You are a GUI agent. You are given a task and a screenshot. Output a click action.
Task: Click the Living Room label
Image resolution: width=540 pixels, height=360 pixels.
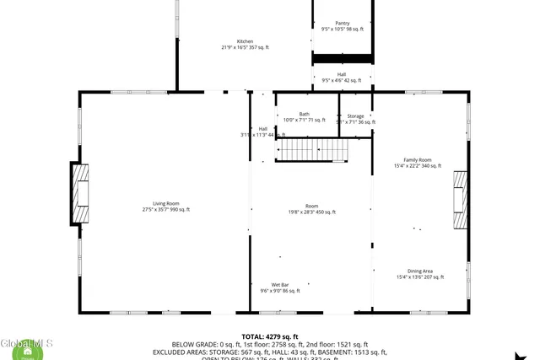(165, 203)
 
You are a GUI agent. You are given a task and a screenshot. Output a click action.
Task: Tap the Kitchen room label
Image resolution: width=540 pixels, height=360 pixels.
(245, 41)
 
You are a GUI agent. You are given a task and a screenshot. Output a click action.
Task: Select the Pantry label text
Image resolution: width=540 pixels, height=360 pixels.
(342, 24)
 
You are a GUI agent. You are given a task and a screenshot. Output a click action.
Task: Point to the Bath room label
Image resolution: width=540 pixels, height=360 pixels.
(304, 115)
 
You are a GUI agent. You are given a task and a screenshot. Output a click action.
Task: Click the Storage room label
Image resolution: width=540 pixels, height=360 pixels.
(355, 116)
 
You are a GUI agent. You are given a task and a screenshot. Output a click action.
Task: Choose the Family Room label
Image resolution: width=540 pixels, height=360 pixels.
(417, 160)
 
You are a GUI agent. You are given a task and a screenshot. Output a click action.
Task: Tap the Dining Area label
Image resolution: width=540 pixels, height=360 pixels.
(420, 271)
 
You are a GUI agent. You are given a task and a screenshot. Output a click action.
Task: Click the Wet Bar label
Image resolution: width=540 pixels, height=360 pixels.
(281, 285)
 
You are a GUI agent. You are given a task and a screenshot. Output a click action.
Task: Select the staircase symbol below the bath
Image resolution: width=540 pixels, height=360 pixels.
(313, 150)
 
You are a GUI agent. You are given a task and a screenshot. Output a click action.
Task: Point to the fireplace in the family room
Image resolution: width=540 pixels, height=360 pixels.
(460, 200)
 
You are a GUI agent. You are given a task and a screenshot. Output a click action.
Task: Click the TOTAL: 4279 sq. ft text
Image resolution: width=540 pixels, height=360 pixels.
(269, 336)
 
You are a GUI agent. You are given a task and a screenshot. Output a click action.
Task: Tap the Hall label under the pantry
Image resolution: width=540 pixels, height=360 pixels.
(342, 74)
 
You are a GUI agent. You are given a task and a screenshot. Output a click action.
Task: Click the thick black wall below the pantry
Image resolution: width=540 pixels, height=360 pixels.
(343, 57)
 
